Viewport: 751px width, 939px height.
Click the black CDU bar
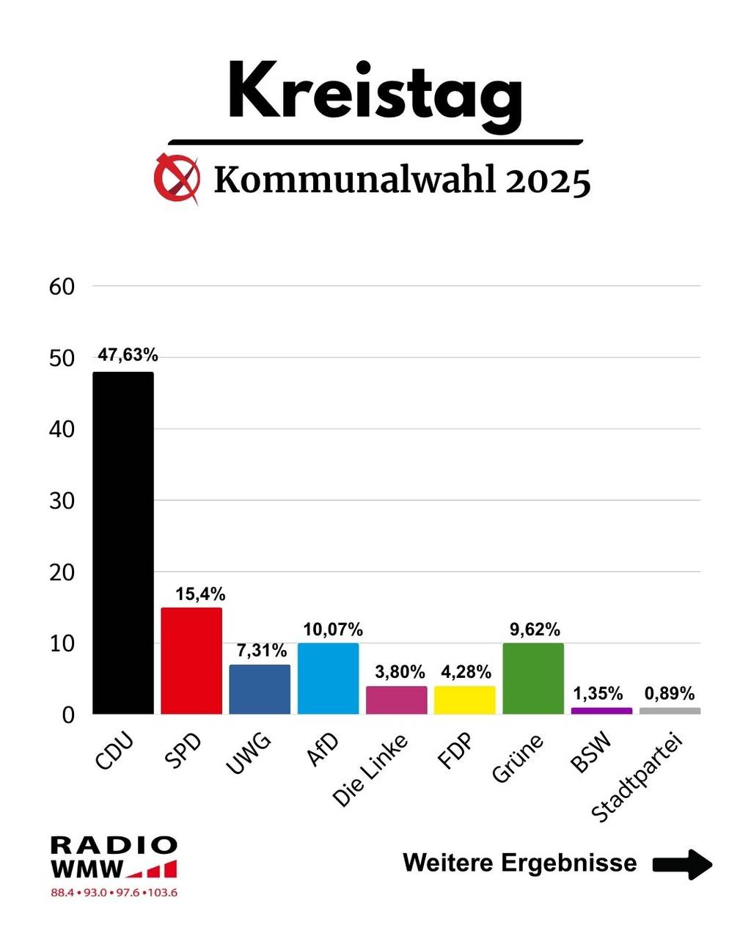122,543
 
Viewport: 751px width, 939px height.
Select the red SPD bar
191,660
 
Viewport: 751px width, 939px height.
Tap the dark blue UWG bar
260,690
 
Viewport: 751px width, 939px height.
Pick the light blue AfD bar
328,679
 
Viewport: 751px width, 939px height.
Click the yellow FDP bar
464,700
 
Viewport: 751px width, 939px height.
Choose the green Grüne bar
533,679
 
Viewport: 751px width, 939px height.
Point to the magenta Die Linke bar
396,700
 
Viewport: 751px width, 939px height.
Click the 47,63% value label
128,355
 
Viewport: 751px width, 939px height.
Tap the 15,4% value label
200,593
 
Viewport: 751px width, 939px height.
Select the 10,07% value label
333,629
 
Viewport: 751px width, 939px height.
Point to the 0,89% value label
670,693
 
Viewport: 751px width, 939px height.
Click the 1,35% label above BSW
598,693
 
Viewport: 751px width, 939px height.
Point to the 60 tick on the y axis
62,287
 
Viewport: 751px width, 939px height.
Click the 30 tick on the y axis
62,501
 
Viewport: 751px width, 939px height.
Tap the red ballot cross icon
177,178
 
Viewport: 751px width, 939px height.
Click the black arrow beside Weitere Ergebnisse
682,863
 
